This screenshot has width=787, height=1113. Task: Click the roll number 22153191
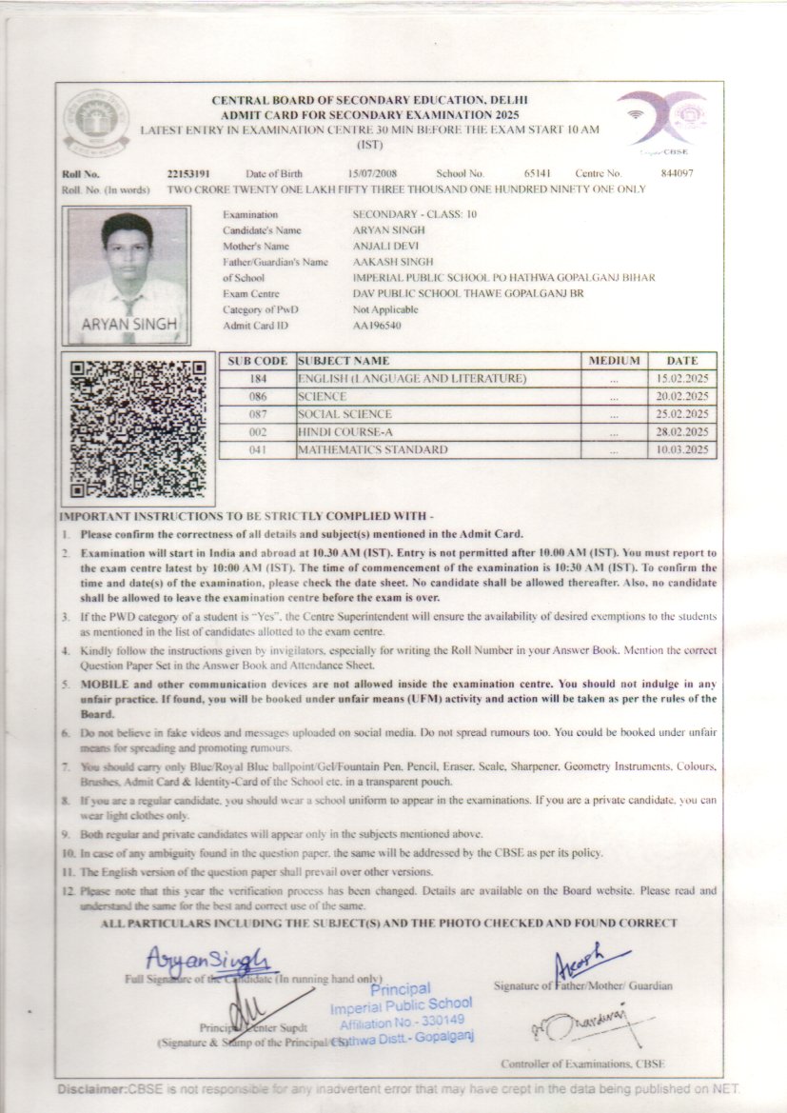point(187,174)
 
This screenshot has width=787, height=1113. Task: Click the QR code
point(139,427)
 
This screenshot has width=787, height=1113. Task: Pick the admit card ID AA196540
point(377,325)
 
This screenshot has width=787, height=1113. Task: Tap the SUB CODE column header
point(257,361)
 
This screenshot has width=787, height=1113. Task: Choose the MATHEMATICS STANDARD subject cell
point(372,449)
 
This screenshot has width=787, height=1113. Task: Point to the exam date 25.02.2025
point(683,414)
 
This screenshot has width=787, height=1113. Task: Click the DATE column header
point(682,361)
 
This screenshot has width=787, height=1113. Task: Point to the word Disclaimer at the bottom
point(94,1088)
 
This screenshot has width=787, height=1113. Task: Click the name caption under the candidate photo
point(129,324)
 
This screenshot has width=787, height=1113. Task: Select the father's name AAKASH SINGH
point(393,262)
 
